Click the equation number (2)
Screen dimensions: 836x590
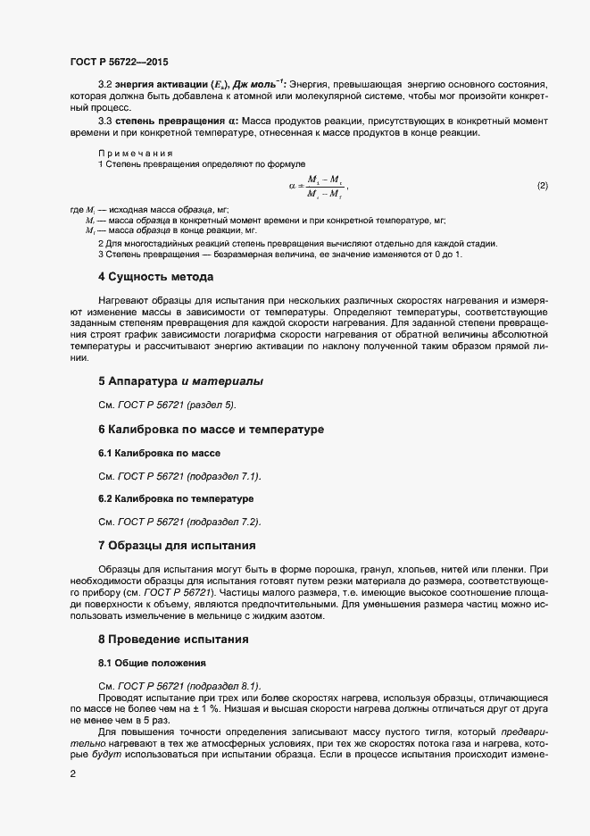pyautogui.click(x=542, y=186)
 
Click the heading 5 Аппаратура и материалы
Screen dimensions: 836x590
pyautogui.click(x=180, y=381)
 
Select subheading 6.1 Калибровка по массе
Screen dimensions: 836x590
pyautogui.click(x=159, y=453)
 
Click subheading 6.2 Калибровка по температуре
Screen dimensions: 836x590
pyautogui.click(x=176, y=497)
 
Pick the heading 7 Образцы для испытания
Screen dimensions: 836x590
pyautogui.click(x=177, y=545)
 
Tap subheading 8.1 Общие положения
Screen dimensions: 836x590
pyautogui.click(x=152, y=663)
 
